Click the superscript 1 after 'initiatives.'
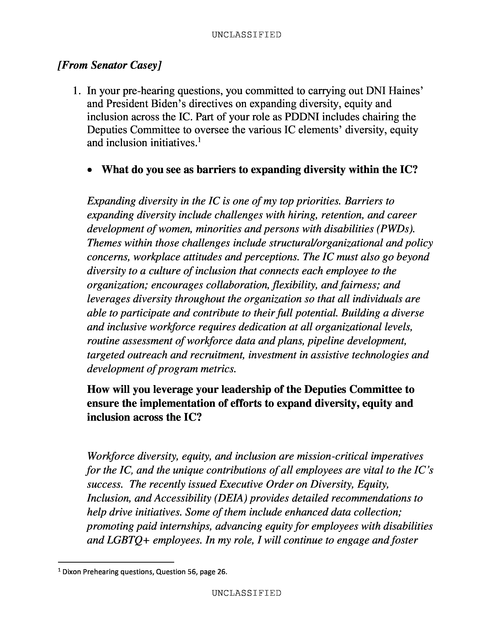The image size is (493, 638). click(199, 140)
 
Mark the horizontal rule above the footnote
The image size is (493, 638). click(116, 562)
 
